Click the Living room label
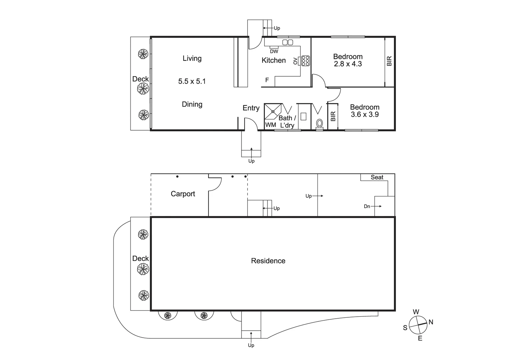pos(192,58)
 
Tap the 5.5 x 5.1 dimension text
pos(192,81)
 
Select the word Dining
pos(192,104)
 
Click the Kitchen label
pos(274,60)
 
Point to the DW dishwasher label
pos(274,51)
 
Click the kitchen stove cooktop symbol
pos(305,61)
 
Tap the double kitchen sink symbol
pos(288,42)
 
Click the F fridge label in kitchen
pos(267,80)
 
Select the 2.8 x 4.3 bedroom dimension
pos(348,64)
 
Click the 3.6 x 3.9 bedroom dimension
pos(365,114)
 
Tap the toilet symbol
pos(319,124)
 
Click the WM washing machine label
pos(271,125)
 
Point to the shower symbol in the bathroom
pos(273,112)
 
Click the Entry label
pos(251,108)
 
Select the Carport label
pos(183,194)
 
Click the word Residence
pos(268,261)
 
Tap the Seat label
pos(377,177)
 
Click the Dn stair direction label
pos(367,206)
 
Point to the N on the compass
pos(431,322)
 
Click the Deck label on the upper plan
pos(140,79)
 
